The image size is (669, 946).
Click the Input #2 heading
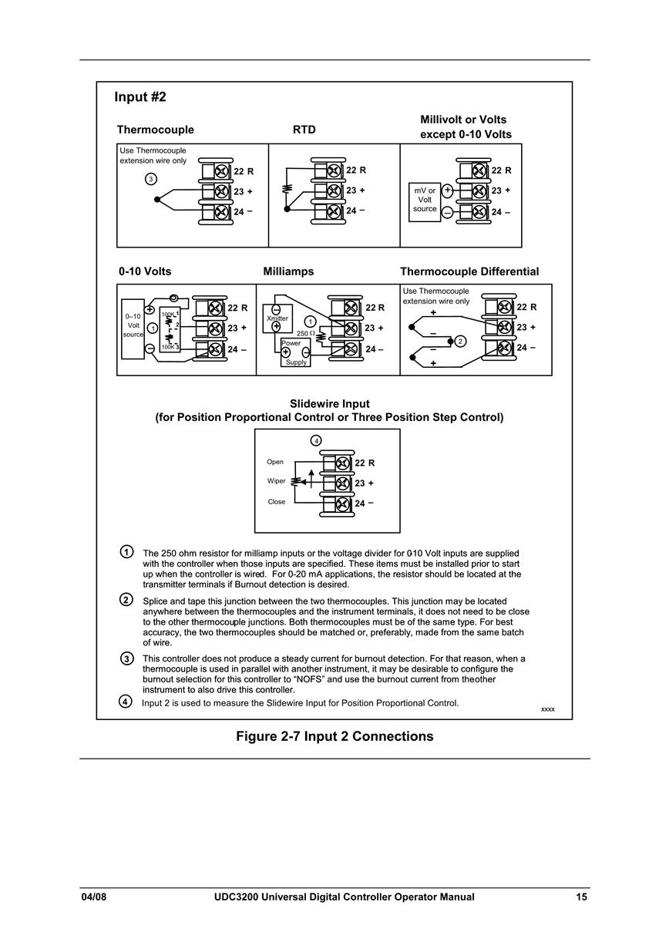pos(140,97)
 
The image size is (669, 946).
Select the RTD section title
pos(304,130)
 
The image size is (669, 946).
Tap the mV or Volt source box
pos(425,202)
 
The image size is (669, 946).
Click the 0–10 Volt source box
pos(133,329)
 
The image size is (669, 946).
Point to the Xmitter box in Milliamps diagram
pos(277,319)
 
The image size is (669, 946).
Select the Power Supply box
pos(295,352)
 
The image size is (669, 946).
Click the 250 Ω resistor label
pos(305,333)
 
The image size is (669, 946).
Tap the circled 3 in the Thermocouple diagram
pos(151,179)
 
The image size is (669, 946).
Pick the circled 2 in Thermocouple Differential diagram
pos(460,341)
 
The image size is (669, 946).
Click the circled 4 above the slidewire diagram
pos(316,441)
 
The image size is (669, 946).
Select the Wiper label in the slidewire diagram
pos(276,481)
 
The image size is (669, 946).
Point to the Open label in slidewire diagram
pos(275,462)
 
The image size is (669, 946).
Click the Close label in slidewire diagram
pos(277,502)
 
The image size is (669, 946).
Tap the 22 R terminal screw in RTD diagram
pos(334,171)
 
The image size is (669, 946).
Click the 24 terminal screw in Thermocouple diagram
pos(222,211)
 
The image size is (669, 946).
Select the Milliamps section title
pos(288,271)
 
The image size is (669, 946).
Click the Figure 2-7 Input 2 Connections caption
pos(334,736)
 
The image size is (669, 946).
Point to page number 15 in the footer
pos(581,897)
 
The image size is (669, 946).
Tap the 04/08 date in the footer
pos(94,897)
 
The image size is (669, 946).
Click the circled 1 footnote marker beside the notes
pos(126,552)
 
